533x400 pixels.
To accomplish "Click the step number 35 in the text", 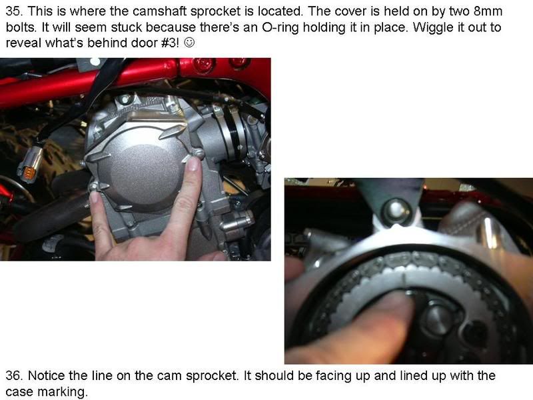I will [x=13, y=13].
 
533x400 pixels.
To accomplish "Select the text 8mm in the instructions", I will [x=505, y=13].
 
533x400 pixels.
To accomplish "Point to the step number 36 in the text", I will [x=13, y=375].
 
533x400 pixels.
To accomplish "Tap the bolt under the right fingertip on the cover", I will [x=194, y=155].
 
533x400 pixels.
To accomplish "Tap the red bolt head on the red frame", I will [x=205, y=65].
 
